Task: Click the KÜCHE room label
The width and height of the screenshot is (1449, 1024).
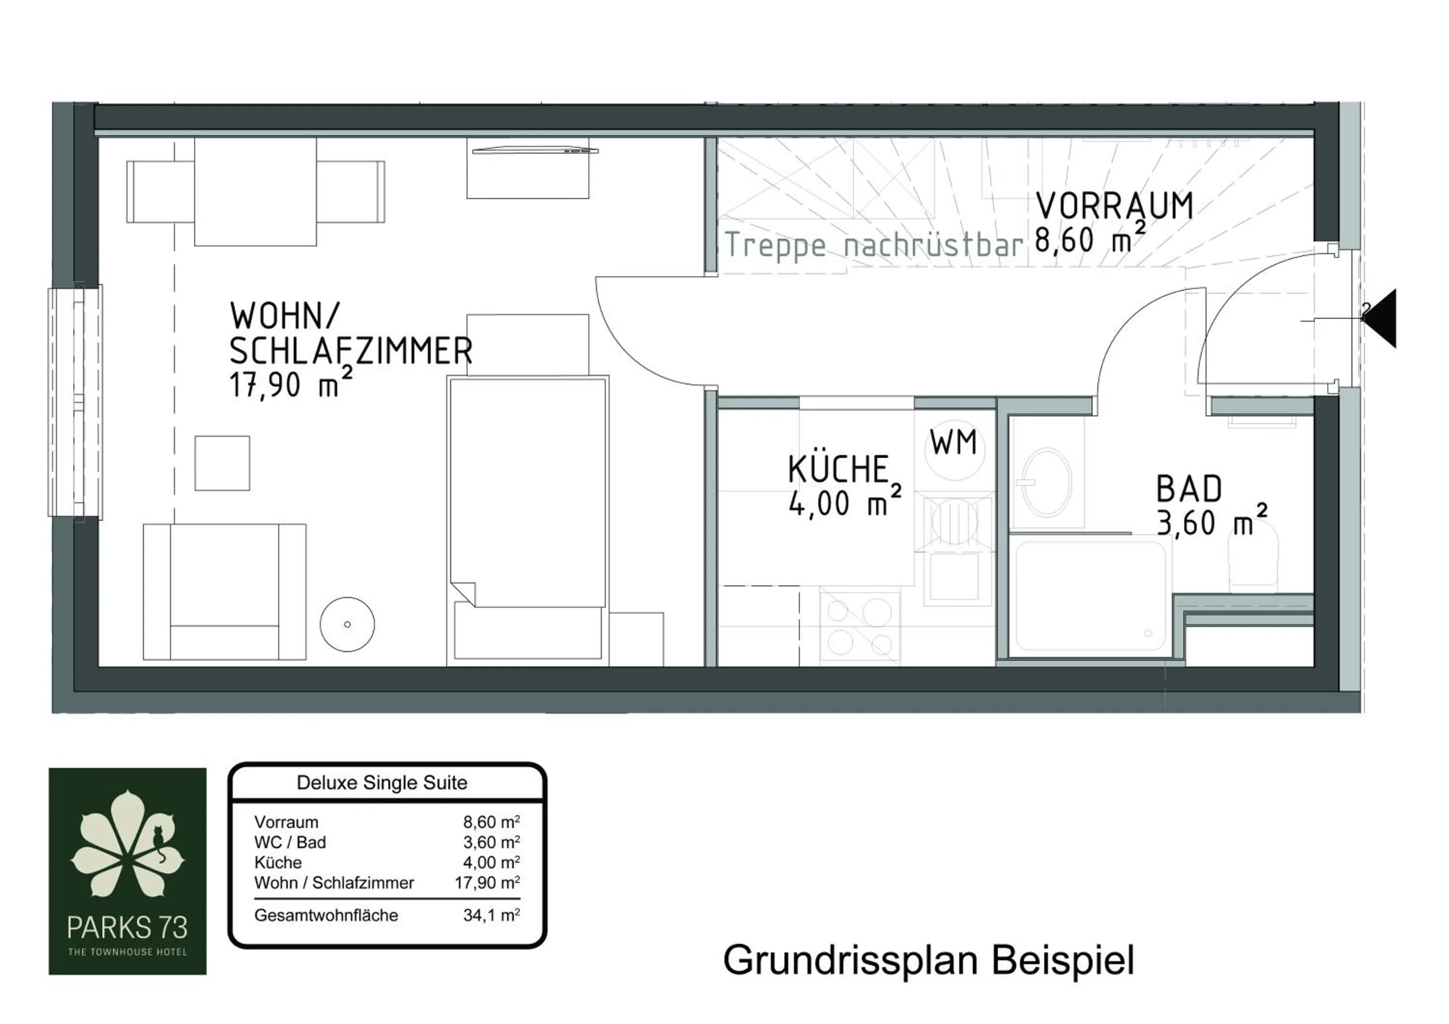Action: (838, 469)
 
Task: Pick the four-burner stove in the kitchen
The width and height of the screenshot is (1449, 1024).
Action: (860, 626)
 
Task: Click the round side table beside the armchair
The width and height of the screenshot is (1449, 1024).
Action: (347, 624)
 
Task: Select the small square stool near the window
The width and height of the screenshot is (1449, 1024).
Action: (222, 463)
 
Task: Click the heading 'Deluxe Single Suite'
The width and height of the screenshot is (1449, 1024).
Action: (382, 783)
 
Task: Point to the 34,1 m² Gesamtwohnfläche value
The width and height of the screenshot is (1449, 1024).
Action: (491, 915)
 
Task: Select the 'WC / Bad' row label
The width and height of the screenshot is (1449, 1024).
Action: (290, 842)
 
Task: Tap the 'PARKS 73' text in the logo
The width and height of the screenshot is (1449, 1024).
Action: (128, 927)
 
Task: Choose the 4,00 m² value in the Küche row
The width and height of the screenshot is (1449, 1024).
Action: (491, 863)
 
